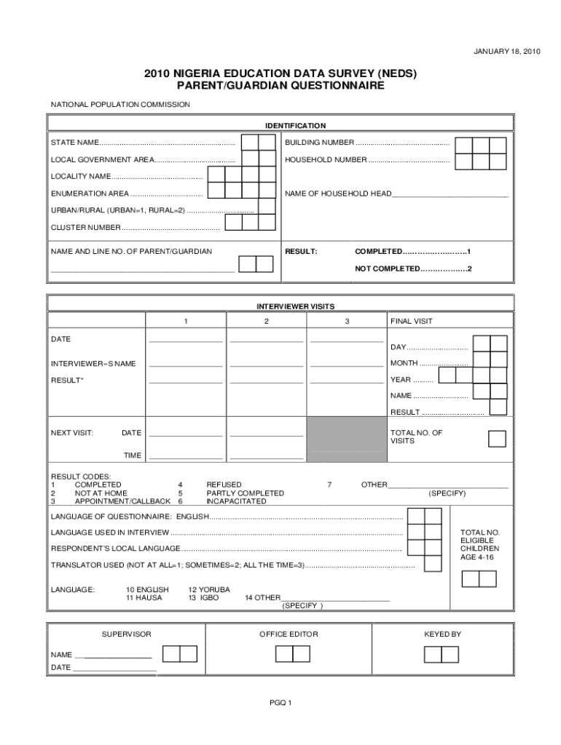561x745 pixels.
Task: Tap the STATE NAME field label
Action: (75, 142)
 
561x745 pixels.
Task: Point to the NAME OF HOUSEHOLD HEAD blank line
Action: (450, 194)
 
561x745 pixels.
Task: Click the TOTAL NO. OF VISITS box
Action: (497, 439)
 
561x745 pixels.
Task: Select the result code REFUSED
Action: (224, 485)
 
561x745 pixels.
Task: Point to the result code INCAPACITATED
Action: (236, 501)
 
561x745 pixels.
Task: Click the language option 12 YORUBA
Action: (209, 589)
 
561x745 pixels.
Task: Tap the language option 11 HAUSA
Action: (144, 597)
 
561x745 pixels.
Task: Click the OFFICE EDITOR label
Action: (289, 634)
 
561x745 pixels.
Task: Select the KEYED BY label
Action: (442, 634)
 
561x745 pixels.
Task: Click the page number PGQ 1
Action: (280, 703)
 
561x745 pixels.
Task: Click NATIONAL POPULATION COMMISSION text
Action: (120, 105)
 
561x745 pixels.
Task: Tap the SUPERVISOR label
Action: (126, 634)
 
